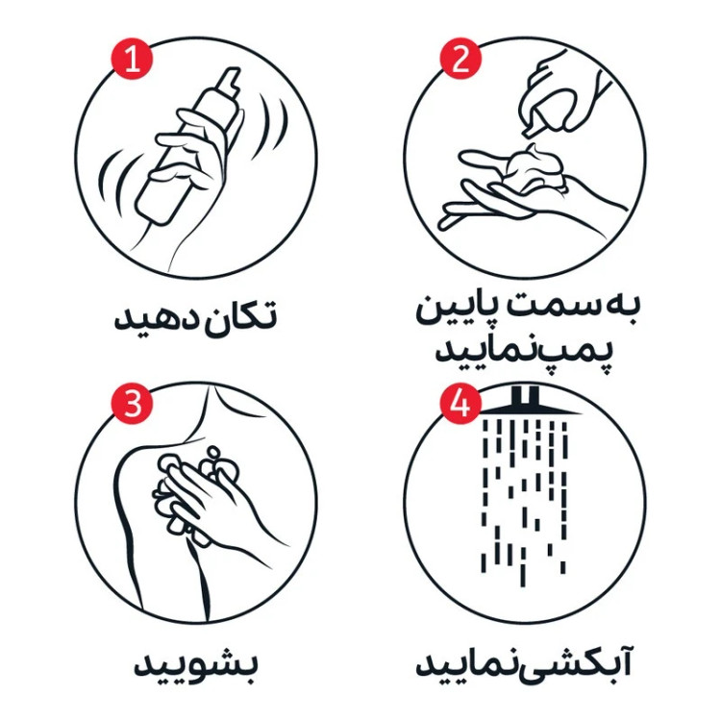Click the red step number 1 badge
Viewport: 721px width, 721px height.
(x=132, y=59)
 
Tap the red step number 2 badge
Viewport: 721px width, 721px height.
(x=460, y=59)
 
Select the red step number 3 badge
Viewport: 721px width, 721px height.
(x=132, y=404)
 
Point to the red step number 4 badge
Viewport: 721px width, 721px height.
(x=460, y=404)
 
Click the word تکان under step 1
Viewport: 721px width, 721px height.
(x=236, y=316)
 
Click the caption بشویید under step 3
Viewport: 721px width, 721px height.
(x=195, y=665)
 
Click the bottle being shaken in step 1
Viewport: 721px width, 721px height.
(x=188, y=146)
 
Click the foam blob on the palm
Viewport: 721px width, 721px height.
(x=535, y=169)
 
